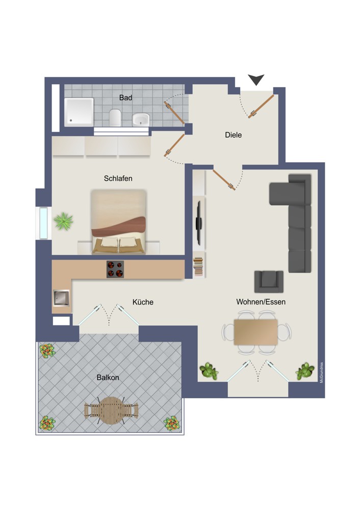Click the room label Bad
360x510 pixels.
(x=125, y=97)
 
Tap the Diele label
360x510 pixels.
(x=233, y=135)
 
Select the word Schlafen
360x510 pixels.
(x=118, y=178)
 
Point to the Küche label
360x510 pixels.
(x=143, y=302)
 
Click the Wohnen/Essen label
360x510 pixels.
(x=261, y=302)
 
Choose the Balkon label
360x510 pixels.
(x=108, y=377)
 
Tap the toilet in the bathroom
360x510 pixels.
(x=115, y=117)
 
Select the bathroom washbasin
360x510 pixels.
(x=141, y=119)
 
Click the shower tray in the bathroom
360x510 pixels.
(x=79, y=112)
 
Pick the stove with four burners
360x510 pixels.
(x=115, y=269)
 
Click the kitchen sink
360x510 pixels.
(x=62, y=298)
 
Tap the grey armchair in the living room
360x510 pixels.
(x=269, y=282)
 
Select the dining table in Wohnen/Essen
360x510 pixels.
(x=255, y=332)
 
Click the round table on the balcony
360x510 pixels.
(x=111, y=411)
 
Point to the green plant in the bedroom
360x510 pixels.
(x=63, y=221)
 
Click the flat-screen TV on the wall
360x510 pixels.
(x=199, y=223)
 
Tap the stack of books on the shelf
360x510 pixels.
(x=198, y=267)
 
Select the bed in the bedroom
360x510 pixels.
(x=118, y=221)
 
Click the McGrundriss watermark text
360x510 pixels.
(x=321, y=373)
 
